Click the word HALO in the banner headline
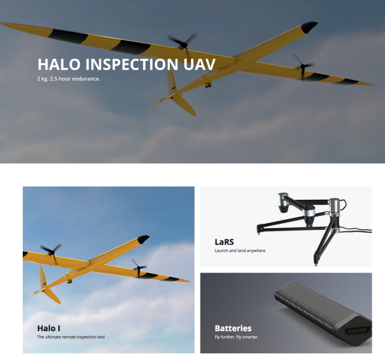(x=59, y=64)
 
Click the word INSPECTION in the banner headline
(x=132, y=64)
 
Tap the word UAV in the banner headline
(x=199, y=64)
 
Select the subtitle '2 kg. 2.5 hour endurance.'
(x=68, y=79)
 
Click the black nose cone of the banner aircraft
(x=309, y=26)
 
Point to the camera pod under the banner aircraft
(x=208, y=85)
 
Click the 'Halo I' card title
(x=49, y=328)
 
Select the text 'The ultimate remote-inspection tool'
(x=71, y=337)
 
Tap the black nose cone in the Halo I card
(x=143, y=239)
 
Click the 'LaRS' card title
(x=224, y=242)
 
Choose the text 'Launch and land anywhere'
(x=240, y=251)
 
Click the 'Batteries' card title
(x=233, y=328)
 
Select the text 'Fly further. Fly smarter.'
(x=237, y=337)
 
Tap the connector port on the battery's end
(x=357, y=331)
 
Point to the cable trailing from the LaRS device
(x=356, y=229)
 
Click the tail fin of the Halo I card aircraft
(x=43, y=278)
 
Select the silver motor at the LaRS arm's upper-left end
(x=283, y=202)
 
